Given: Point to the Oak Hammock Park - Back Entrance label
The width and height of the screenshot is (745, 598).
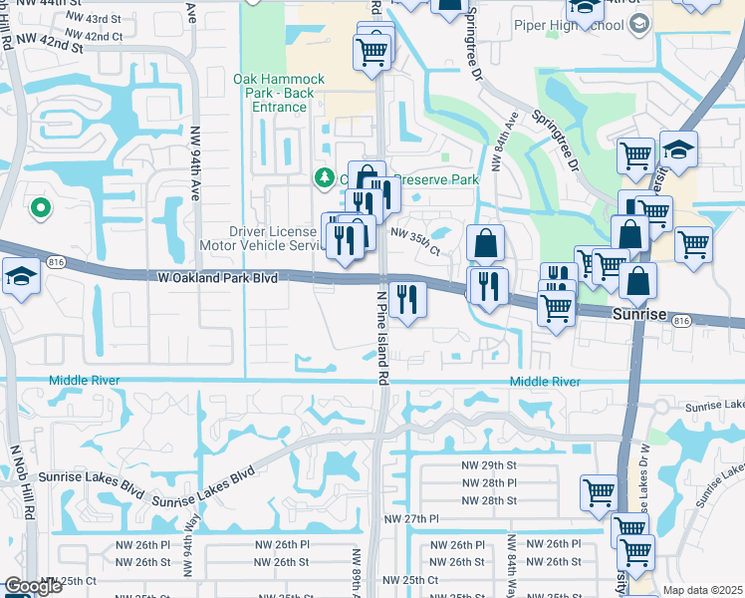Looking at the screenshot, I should [x=274, y=93].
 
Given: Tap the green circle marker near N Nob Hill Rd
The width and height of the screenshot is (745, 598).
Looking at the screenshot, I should [x=40, y=207].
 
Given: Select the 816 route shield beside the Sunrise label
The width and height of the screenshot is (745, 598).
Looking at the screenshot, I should [x=681, y=320].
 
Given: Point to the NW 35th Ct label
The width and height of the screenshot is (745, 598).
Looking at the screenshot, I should [x=415, y=241].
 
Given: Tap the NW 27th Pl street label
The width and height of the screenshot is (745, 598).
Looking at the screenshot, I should [x=411, y=519].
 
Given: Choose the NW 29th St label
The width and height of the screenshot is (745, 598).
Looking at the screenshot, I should [x=488, y=465].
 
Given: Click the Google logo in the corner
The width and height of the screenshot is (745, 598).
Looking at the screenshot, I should [x=34, y=586].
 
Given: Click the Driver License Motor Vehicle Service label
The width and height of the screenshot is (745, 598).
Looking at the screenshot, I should [x=257, y=238].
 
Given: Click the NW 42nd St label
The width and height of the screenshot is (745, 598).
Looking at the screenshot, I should [x=47, y=46].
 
